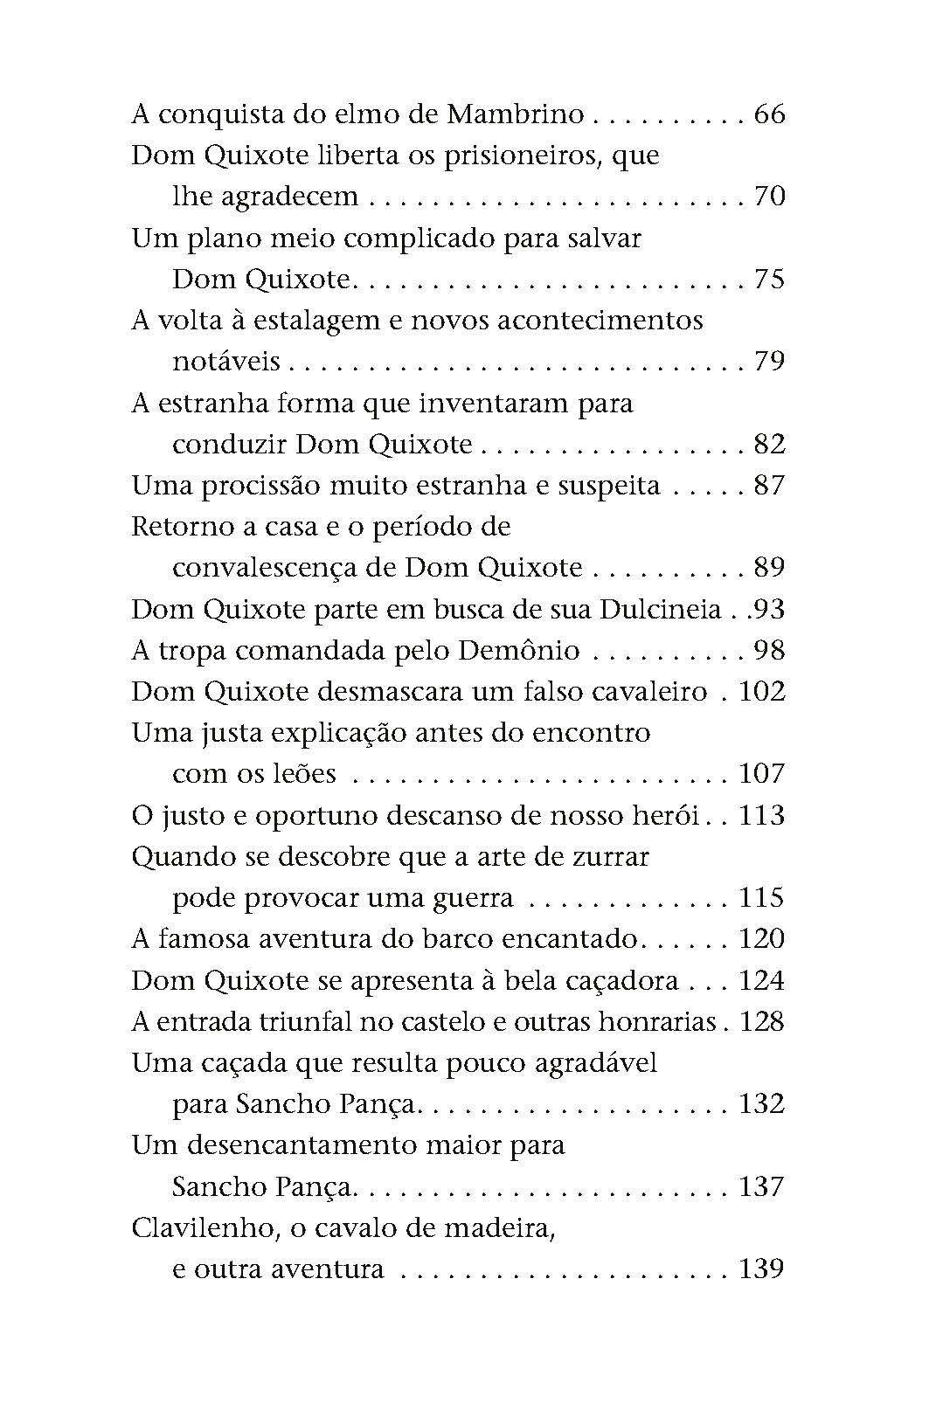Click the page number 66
(x=768, y=114)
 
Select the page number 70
(x=769, y=197)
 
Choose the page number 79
(x=769, y=361)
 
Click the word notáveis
(x=226, y=361)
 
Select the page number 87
(x=769, y=486)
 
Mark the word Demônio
(x=519, y=651)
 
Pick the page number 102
(x=762, y=692)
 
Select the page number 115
(x=762, y=898)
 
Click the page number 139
(x=762, y=1269)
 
